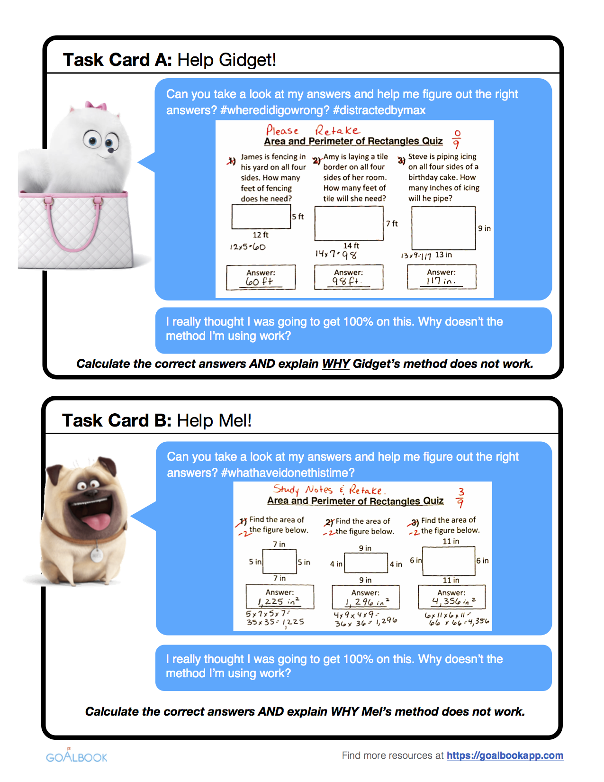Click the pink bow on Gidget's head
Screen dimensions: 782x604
tap(96, 105)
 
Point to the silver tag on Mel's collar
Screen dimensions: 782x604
tap(97, 555)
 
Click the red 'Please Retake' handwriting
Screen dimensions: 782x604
tap(313, 130)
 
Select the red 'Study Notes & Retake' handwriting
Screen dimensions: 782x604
tap(329, 490)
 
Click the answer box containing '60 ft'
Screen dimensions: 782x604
tap(261, 277)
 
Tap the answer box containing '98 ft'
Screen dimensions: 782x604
tap(348, 277)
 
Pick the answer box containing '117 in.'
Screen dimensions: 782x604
tap(442, 277)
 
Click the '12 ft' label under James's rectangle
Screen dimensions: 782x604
tap(260, 235)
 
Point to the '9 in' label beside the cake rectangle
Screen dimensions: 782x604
tap(484, 228)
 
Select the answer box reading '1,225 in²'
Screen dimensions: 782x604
tap(279, 597)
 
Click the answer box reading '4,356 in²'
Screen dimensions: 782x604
tap(451, 597)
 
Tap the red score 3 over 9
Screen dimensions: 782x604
tap(460, 497)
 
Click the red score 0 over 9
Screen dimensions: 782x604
tap(457, 139)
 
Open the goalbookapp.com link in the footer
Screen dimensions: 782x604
tap(505, 755)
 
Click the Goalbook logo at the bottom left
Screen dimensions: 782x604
tap(77, 756)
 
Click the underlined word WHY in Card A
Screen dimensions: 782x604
tap(335, 364)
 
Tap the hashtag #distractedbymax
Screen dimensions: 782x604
tap(379, 110)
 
